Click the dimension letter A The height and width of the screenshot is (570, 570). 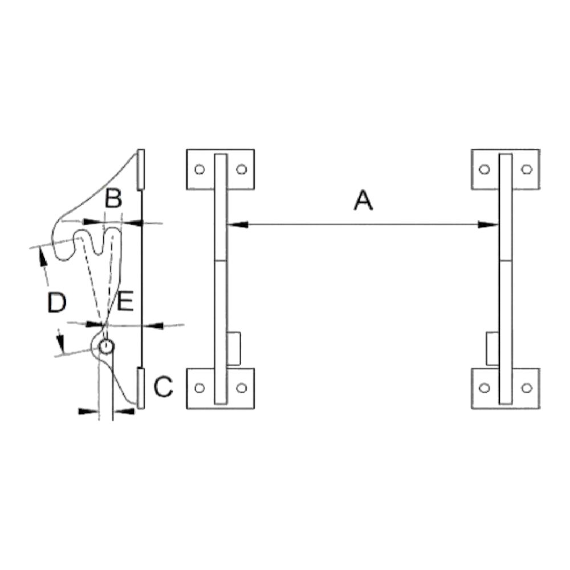(363, 200)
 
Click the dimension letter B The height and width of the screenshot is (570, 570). (113, 198)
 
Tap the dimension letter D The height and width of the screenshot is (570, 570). (57, 303)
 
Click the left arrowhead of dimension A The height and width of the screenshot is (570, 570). (237, 224)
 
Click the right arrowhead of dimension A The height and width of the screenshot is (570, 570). (488, 224)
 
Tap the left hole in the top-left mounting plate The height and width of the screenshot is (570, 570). (199, 169)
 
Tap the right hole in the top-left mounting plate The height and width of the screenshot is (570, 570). (242, 169)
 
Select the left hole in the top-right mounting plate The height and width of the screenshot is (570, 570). (484, 169)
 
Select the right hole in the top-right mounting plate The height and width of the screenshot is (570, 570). (527, 169)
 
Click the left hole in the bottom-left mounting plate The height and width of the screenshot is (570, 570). (199, 388)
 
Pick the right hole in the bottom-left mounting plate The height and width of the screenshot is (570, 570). (242, 388)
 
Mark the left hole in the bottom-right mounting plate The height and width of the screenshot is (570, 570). (484, 388)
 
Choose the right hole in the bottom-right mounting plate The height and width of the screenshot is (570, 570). (527, 388)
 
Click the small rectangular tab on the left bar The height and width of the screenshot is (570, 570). (233, 348)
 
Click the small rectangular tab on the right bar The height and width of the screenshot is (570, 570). (492, 348)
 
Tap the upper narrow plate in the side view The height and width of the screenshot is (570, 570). (141, 169)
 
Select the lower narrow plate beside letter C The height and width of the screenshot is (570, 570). (141, 388)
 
